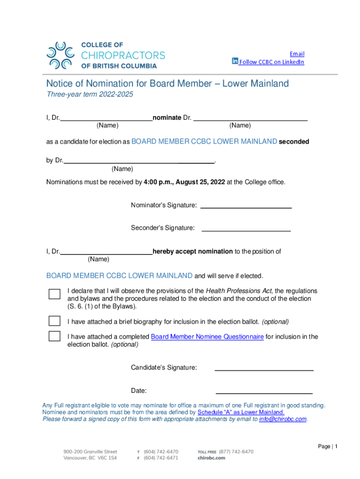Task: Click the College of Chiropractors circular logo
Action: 60,56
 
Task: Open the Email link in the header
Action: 297,54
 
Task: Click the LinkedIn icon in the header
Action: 235,61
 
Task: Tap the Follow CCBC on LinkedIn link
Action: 272,62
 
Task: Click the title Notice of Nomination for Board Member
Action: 167,84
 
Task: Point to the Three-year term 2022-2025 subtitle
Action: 90,94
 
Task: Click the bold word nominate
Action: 167,117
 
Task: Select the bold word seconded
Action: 294,141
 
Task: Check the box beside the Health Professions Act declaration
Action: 55,294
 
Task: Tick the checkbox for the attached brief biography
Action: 55,321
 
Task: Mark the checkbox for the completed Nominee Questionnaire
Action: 55,336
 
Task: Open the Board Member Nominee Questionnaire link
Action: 207,337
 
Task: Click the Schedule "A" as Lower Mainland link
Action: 241,412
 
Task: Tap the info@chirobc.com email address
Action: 283,419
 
